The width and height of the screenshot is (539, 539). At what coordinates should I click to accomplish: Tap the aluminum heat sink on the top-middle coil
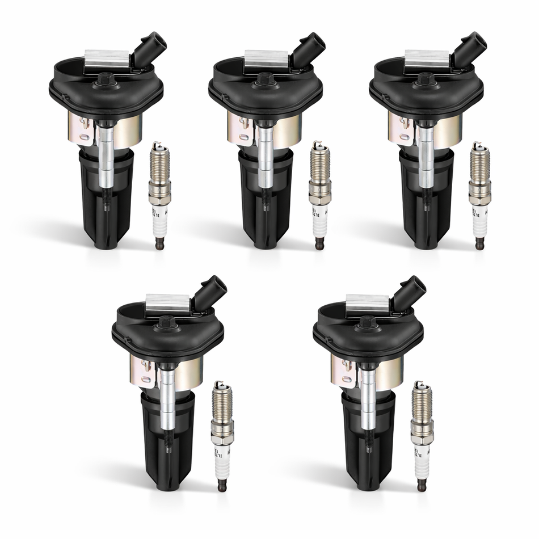(x=267, y=57)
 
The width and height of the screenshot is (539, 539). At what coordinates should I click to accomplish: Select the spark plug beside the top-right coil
(x=480, y=193)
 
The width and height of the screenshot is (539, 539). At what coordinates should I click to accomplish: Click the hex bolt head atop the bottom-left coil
(x=169, y=322)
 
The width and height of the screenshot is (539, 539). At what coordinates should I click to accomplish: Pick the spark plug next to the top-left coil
(x=159, y=193)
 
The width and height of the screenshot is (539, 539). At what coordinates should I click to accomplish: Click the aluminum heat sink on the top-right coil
(x=427, y=57)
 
